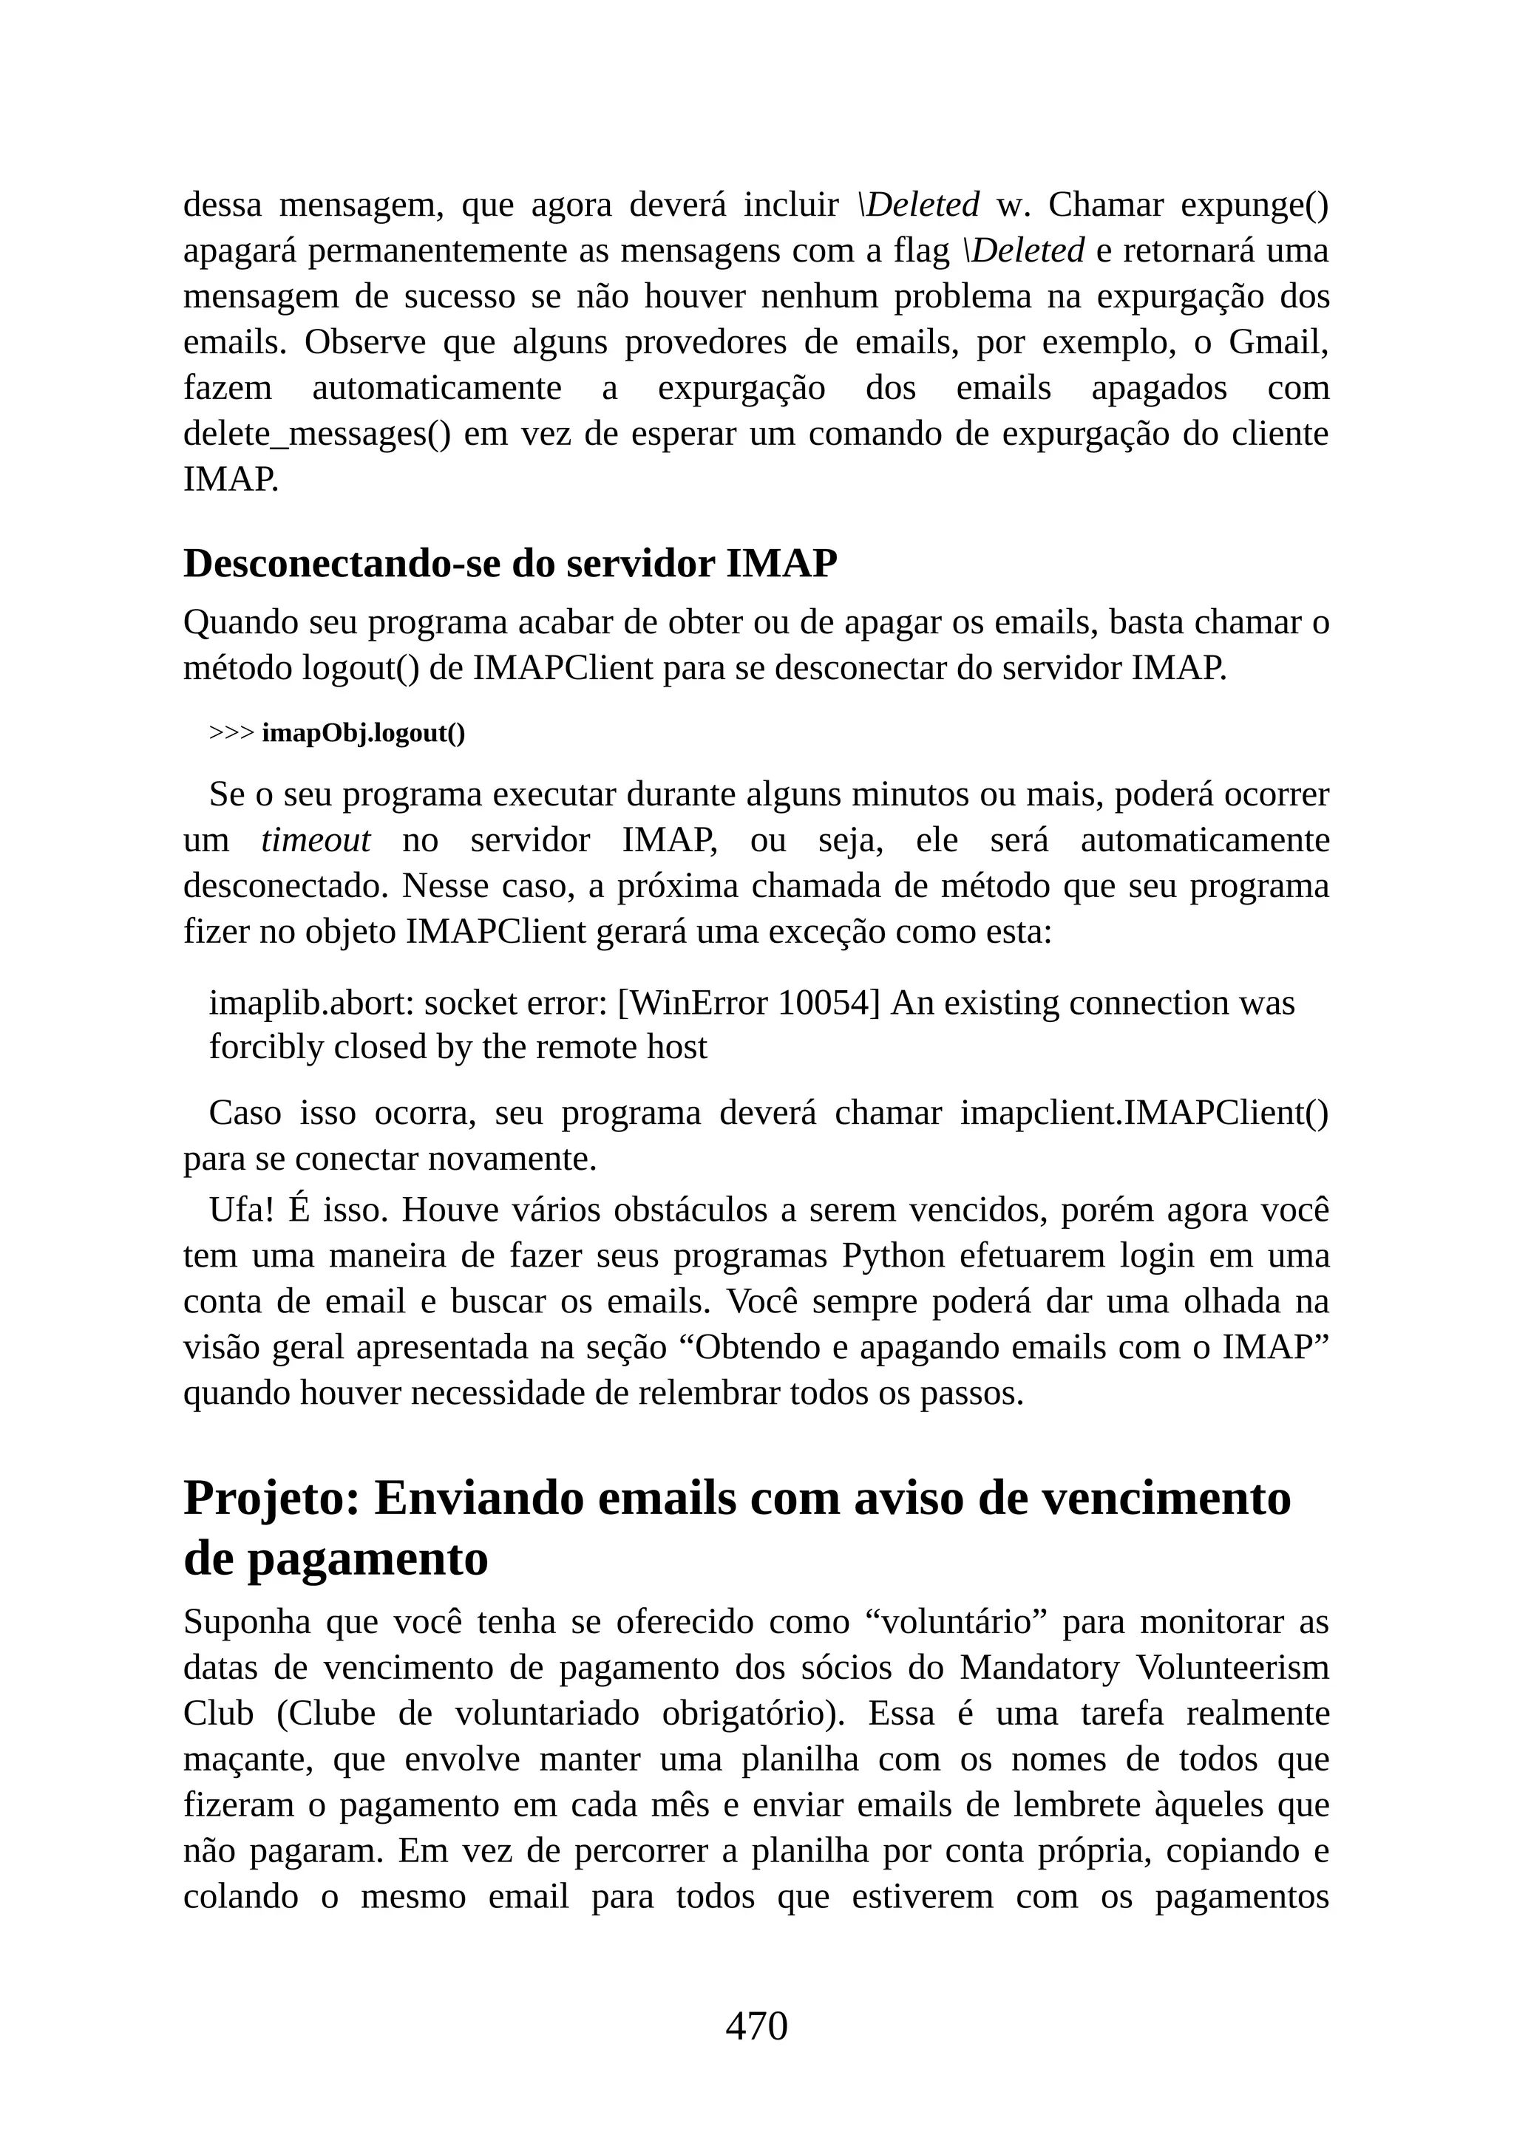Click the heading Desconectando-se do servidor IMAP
510,563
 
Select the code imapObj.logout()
363,734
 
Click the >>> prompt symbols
231,734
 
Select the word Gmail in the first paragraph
1277,342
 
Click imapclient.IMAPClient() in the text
1144,1113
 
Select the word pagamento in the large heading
367,1559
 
